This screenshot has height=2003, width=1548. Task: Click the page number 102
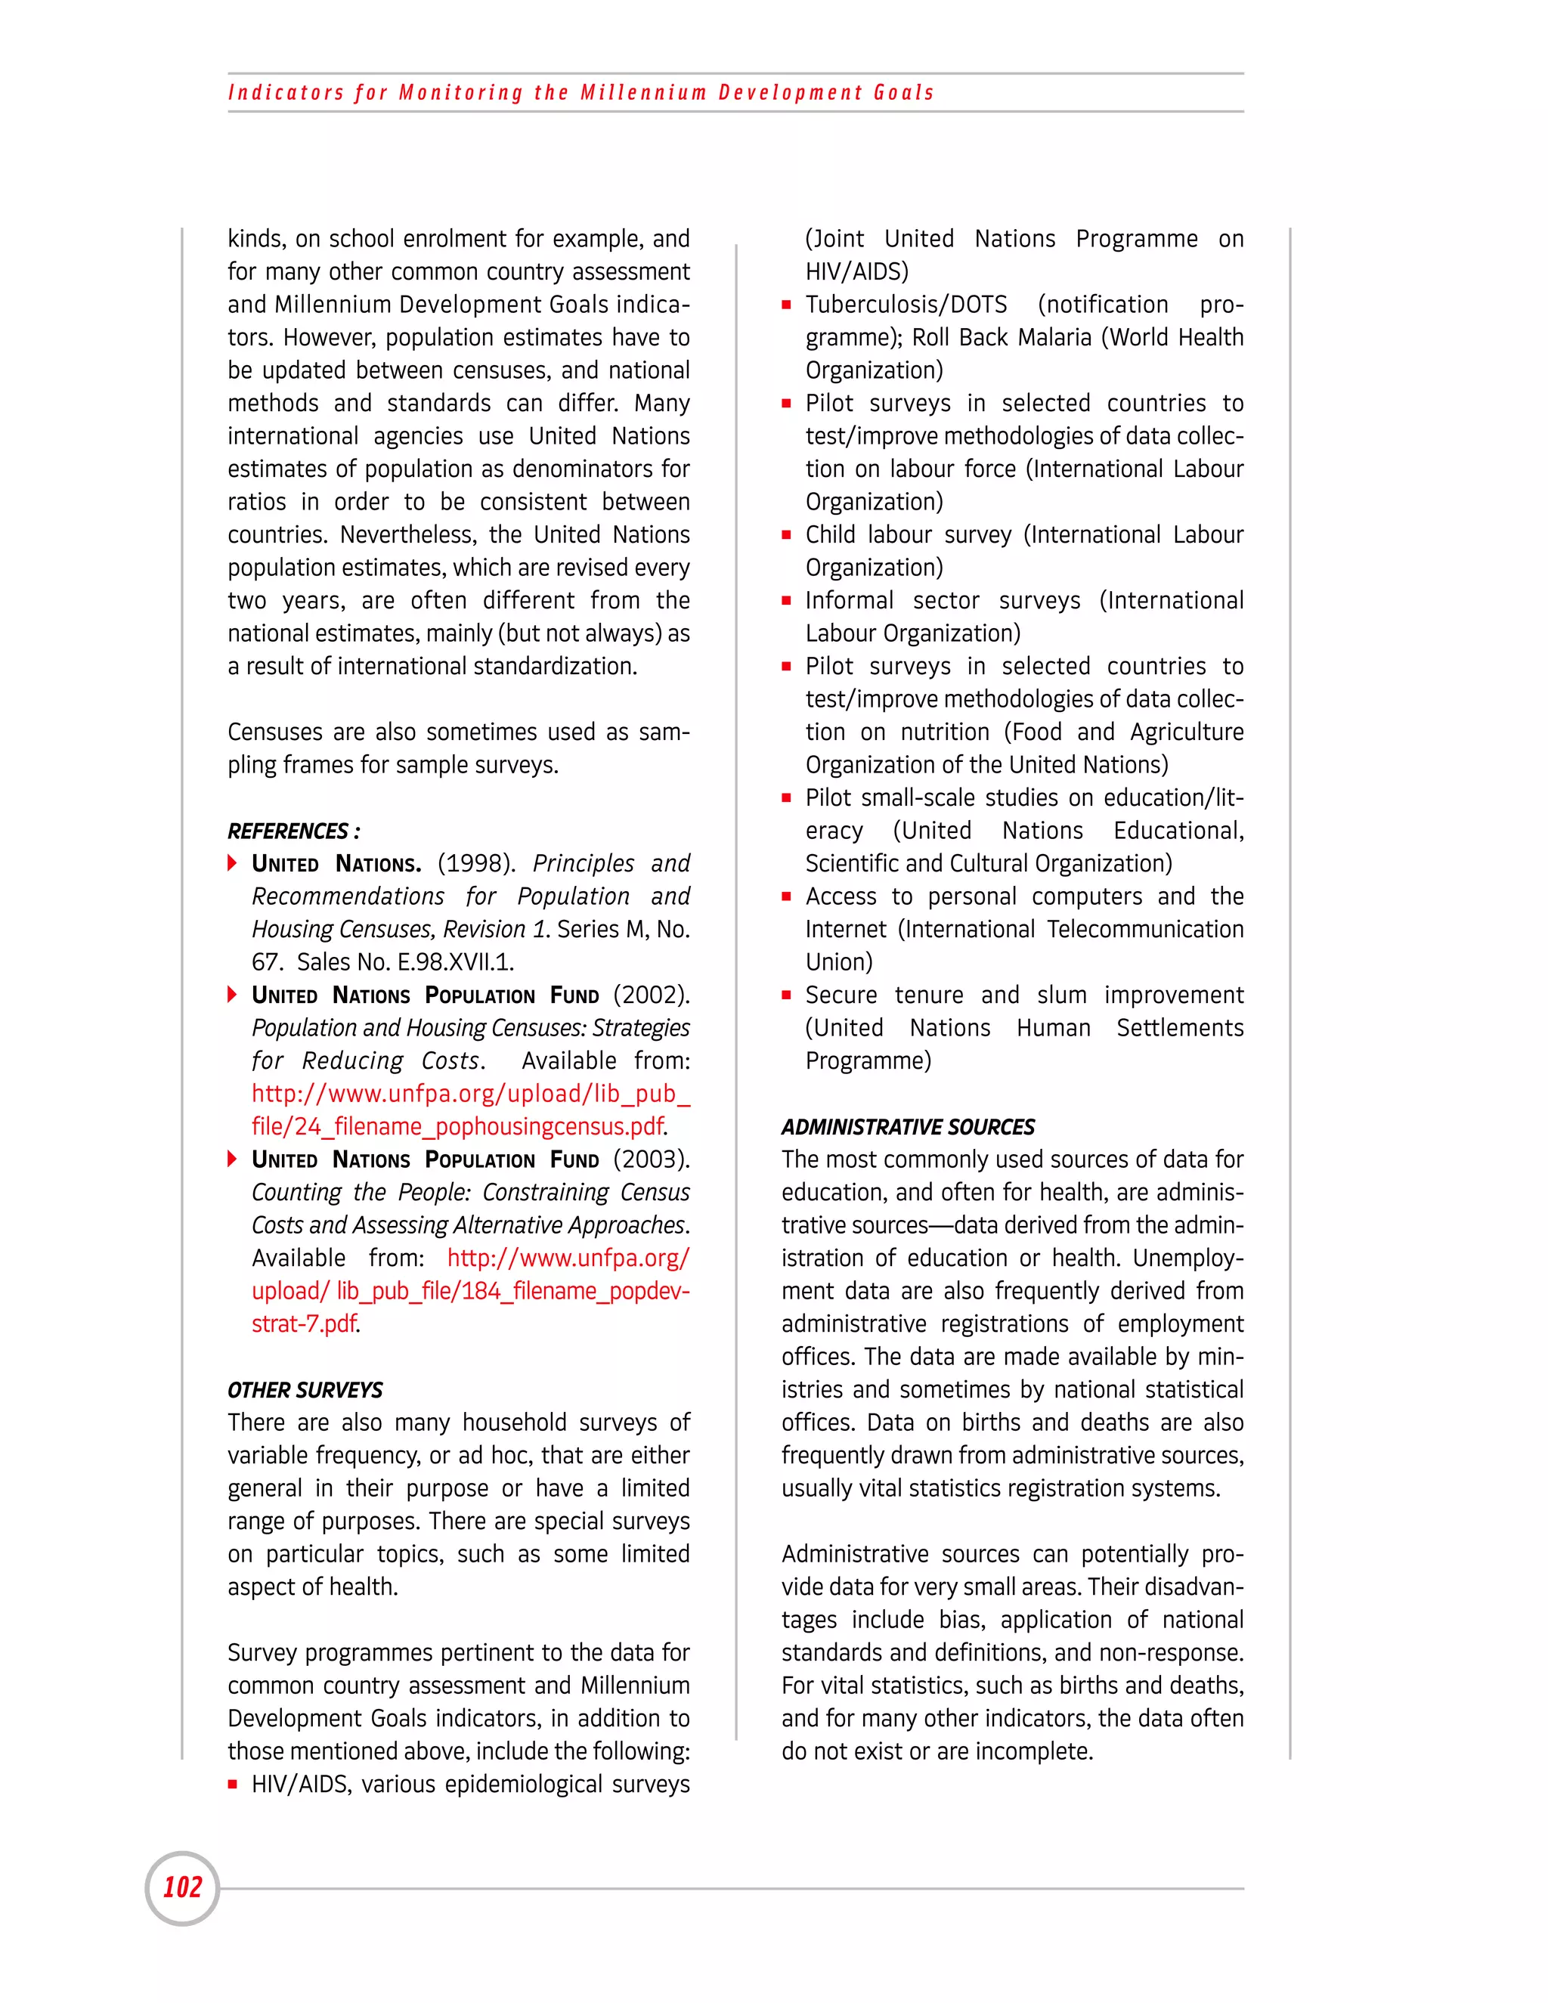tap(181, 1887)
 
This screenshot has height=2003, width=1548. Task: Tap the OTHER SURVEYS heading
tap(305, 1389)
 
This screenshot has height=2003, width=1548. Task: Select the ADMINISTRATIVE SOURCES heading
tap(908, 1126)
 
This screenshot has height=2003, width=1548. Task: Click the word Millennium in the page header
tap(643, 93)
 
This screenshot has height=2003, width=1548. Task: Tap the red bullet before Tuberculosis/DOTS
tap(786, 305)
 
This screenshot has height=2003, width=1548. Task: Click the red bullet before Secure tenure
tap(786, 995)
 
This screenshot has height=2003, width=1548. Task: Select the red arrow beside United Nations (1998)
tap(233, 863)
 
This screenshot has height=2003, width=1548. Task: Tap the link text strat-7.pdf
tap(305, 1323)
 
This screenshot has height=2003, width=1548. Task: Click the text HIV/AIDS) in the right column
tap(856, 271)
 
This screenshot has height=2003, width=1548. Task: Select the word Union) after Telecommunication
tap(838, 962)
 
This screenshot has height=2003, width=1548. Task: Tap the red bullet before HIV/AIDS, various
tap(233, 1785)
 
